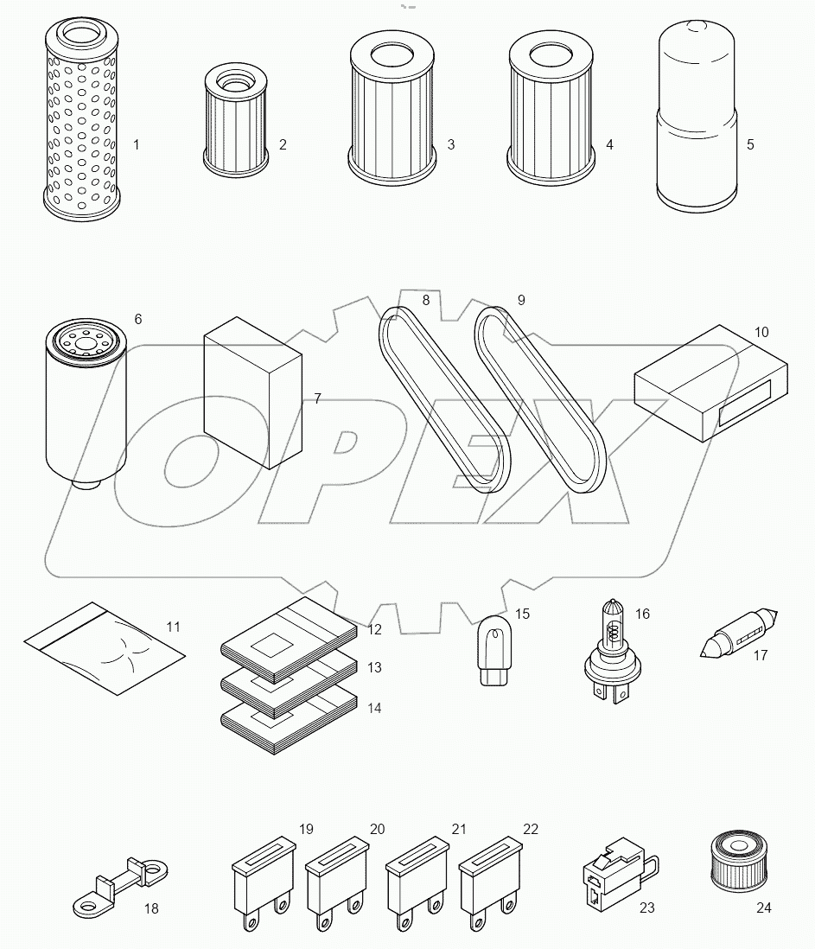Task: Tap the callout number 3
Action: (451, 144)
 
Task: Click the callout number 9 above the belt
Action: (521, 301)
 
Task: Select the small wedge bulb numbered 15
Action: (493, 656)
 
